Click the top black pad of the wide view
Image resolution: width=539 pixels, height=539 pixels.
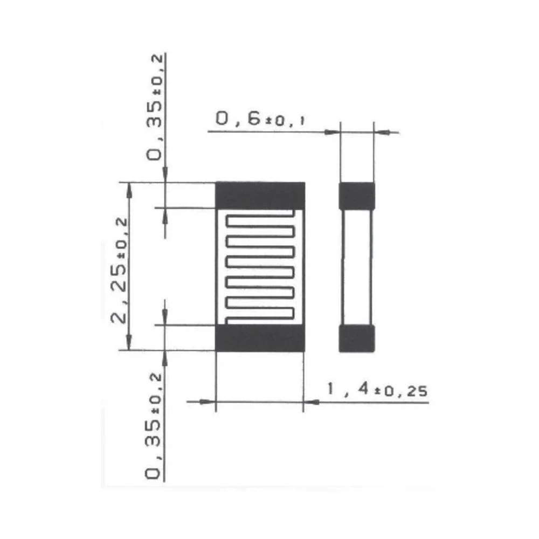[260, 195]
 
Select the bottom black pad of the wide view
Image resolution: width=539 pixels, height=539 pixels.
[260, 338]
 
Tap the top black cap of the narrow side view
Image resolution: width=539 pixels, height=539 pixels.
[356, 196]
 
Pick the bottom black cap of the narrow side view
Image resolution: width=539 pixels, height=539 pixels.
[356, 338]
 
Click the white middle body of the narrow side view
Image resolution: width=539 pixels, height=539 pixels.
[356, 267]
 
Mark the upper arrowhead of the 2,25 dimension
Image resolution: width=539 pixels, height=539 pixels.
[129, 188]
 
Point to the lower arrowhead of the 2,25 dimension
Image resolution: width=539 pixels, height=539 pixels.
[129, 343]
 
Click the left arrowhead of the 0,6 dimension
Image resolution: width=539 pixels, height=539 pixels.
[333, 131]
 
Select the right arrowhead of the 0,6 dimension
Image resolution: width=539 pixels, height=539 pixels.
[382, 131]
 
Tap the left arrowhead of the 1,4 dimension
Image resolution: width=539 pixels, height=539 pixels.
[208, 402]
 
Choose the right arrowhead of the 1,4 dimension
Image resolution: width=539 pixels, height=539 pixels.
[311, 402]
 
